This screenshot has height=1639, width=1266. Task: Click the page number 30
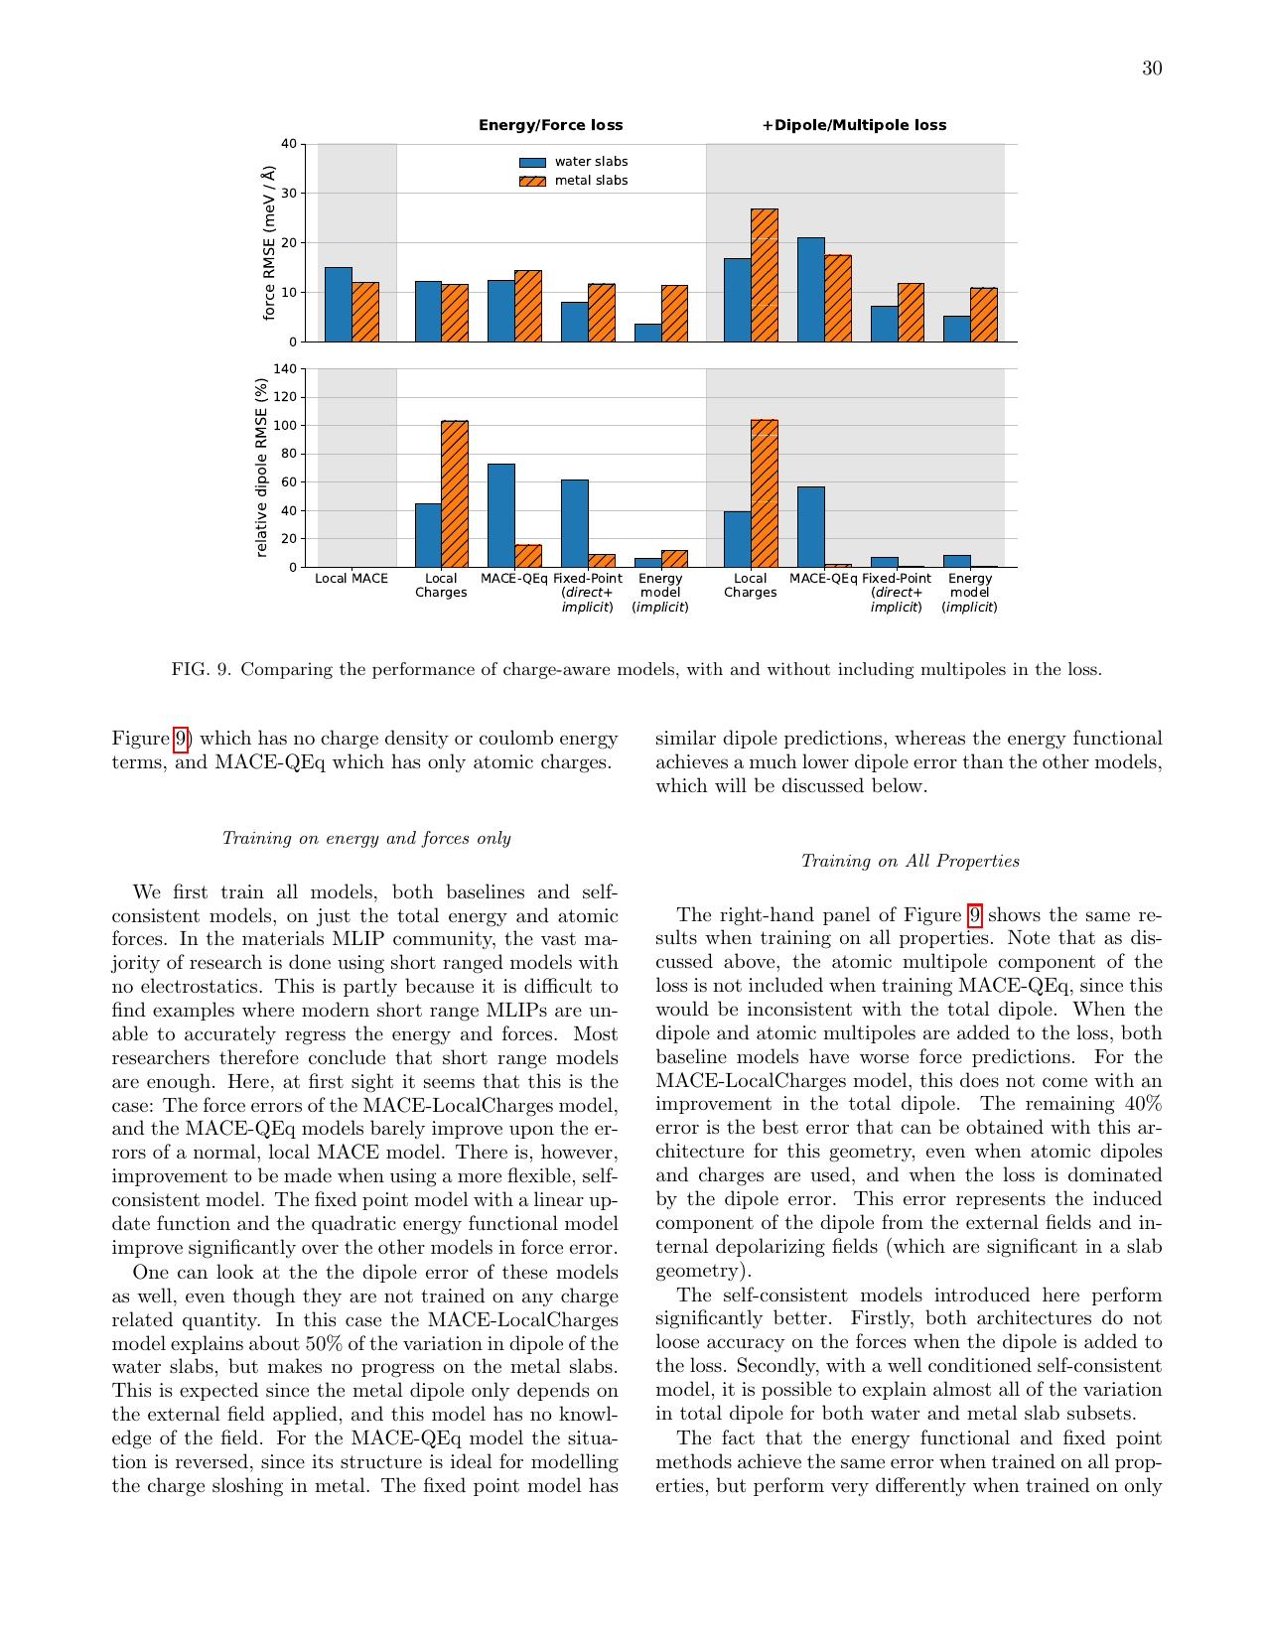click(1152, 68)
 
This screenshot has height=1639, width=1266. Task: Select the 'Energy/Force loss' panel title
click(550, 125)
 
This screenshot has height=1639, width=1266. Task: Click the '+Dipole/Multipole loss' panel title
click(854, 125)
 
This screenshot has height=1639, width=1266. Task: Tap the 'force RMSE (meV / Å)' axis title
click(268, 243)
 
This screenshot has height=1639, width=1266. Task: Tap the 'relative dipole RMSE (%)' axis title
click(262, 468)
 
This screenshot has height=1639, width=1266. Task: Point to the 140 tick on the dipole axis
click(285, 369)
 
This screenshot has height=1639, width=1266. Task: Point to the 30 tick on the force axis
click(288, 193)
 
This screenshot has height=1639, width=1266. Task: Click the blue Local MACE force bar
click(339, 304)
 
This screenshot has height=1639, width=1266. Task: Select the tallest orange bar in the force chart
click(764, 275)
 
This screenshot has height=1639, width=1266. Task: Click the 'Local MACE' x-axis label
click(352, 579)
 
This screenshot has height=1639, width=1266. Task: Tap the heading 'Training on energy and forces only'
click(366, 839)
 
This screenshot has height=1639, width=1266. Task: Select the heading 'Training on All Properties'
click(910, 862)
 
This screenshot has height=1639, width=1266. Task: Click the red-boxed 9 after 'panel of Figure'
click(975, 915)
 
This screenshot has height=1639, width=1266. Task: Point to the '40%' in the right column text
click(1142, 1104)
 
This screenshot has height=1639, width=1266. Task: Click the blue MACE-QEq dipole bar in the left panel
click(501, 515)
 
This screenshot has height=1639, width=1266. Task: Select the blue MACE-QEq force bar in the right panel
click(810, 290)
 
